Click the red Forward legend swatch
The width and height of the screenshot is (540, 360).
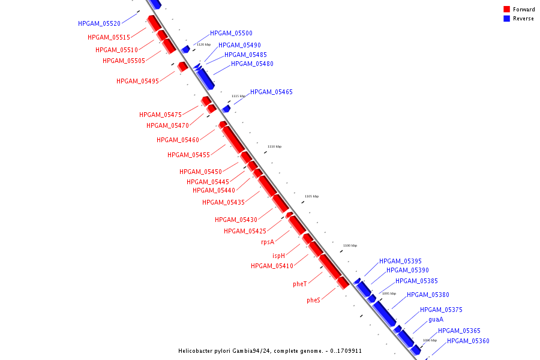pyautogui.click(x=506, y=9)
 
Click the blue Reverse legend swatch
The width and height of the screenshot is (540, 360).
pyautogui.click(x=506, y=19)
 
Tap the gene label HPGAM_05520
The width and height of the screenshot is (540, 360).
pyautogui.click(x=99, y=23)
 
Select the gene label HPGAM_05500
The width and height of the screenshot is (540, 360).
pyautogui.click(x=231, y=34)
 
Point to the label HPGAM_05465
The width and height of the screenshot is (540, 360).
pyautogui.click(x=271, y=92)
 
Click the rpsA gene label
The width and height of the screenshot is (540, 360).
pyautogui.click(x=267, y=242)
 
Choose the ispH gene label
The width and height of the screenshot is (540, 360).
pyautogui.click(x=278, y=256)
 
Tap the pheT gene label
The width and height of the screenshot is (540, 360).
pyautogui.click(x=300, y=284)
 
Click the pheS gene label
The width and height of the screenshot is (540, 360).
pyautogui.click(x=313, y=300)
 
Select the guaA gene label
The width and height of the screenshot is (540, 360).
pyautogui.click(x=436, y=320)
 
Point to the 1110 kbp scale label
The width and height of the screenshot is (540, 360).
pyautogui.click(x=274, y=146)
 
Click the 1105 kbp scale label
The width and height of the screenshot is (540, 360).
pyautogui.click(x=311, y=196)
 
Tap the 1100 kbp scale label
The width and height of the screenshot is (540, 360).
pyautogui.click(x=350, y=245)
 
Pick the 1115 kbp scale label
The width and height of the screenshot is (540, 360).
pyautogui.click(x=238, y=96)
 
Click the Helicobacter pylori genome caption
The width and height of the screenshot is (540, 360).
pyautogui.click(x=269, y=351)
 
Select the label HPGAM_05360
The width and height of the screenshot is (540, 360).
pyautogui.click(x=468, y=341)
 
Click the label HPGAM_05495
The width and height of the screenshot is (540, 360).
pyautogui.click(x=137, y=81)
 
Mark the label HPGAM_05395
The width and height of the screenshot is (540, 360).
pyautogui.click(x=400, y=261)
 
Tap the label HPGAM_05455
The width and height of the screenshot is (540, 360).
pyautogui.click(x=188, y=155)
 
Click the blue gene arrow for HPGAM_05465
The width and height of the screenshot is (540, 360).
pyautogui.click(x=226, y=109)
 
